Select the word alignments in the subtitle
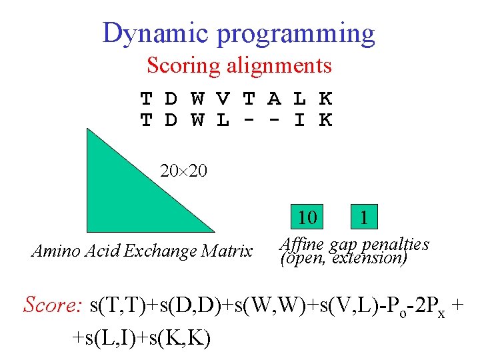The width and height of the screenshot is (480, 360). pos(279,66)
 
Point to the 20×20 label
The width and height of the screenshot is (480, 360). pos(183,171)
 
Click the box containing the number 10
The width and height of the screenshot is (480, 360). pos(307,218)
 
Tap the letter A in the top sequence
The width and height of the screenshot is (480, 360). pos(274,99)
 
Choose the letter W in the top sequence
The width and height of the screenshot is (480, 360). pos(197,99)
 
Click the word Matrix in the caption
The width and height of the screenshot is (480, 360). pos(227,251)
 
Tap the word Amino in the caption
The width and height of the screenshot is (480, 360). pos(53,251)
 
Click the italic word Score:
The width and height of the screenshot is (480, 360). pos(52,305)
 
